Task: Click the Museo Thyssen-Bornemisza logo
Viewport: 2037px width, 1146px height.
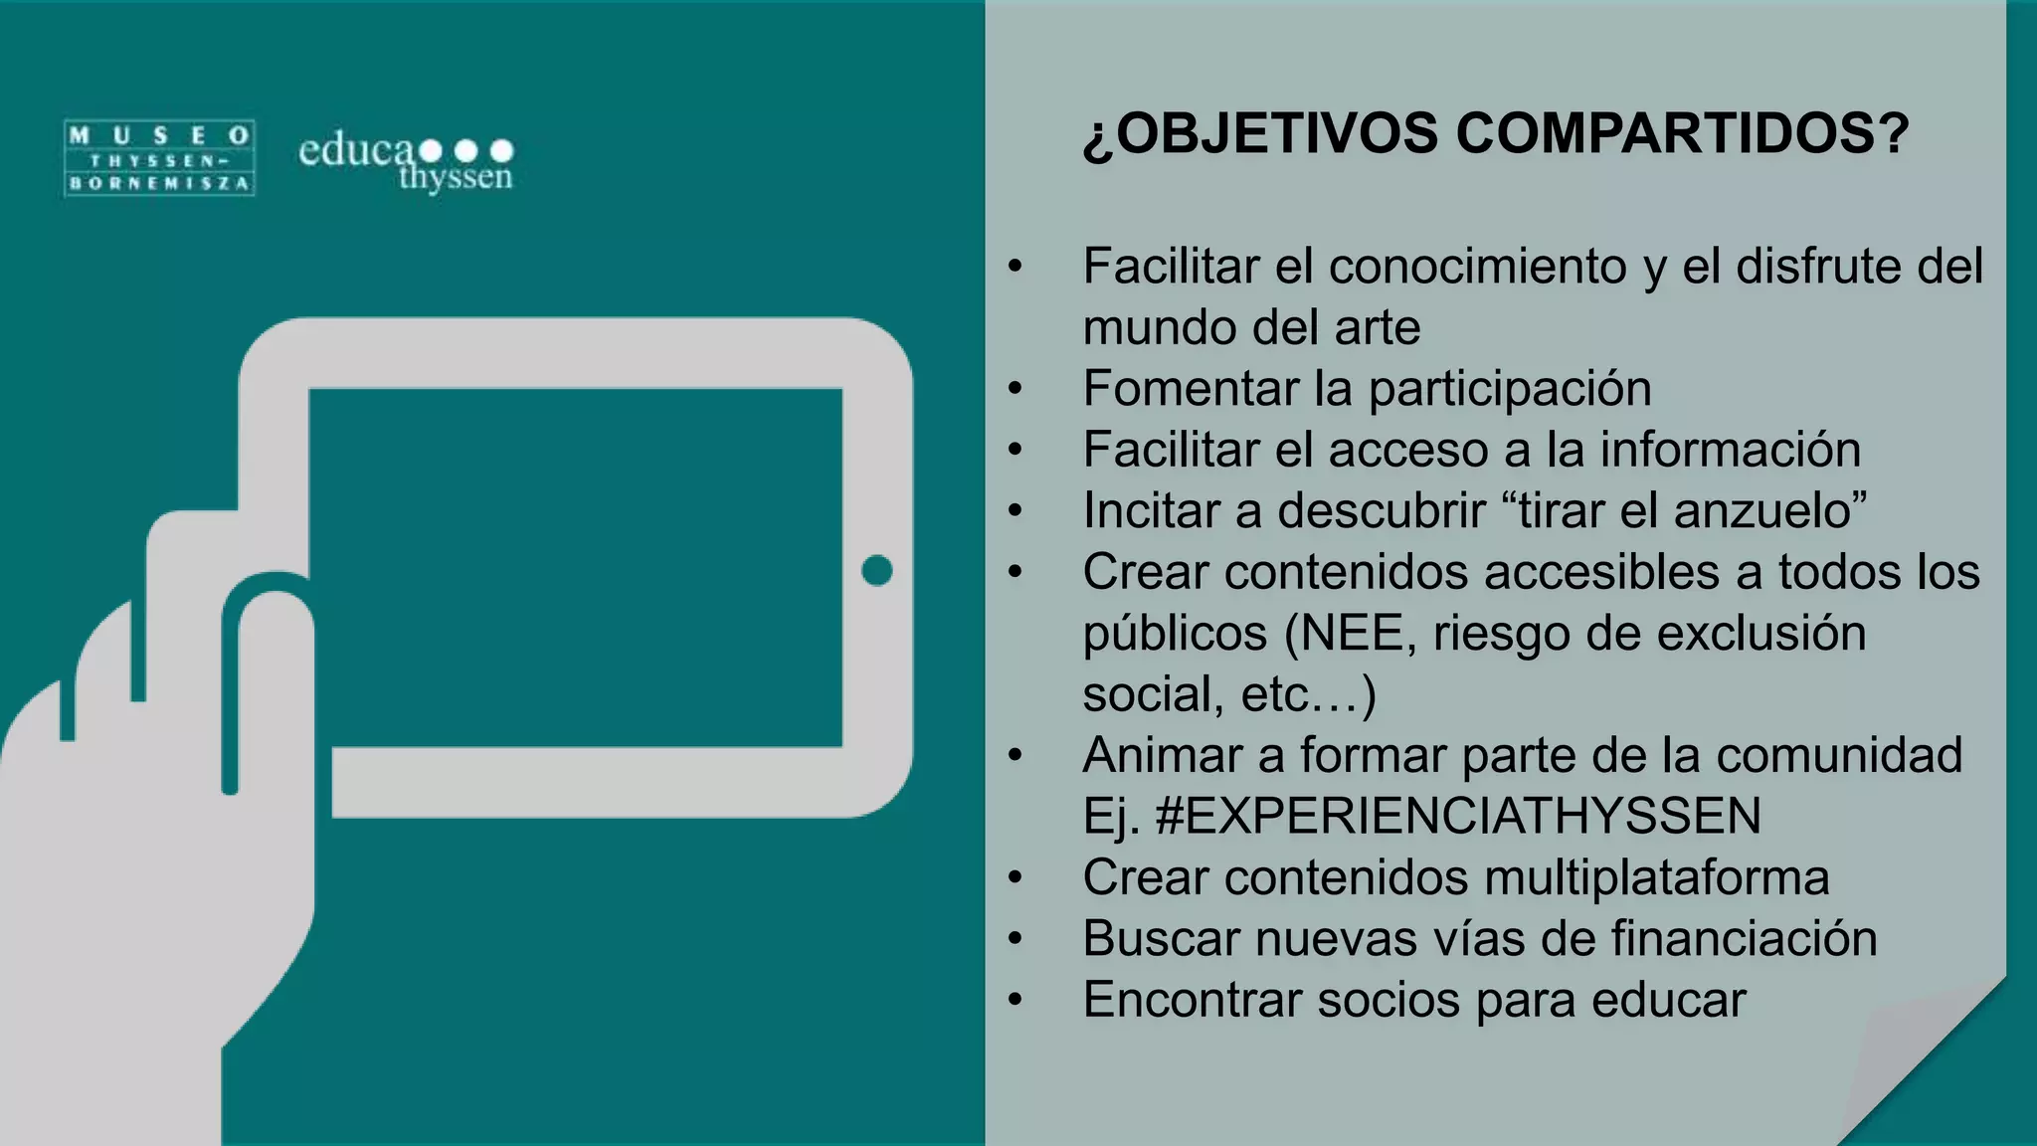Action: point(159,158)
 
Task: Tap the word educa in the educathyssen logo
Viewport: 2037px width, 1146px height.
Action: point(356,151)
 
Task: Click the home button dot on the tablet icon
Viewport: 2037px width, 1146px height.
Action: point(876,571)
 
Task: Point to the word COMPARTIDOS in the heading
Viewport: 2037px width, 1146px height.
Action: point(1682,133)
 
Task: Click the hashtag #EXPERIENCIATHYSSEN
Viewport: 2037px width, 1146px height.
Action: point(1458,817)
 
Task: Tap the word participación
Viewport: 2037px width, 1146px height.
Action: point(1510,389)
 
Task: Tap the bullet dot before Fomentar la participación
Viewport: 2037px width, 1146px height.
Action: point(1015,389)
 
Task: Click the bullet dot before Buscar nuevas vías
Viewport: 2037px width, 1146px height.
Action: point(1015,939)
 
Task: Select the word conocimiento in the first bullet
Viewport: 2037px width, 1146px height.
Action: point(1477,267)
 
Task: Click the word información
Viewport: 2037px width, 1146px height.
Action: point(1730,450)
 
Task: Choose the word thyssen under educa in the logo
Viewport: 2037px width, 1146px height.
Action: point(456,178)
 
